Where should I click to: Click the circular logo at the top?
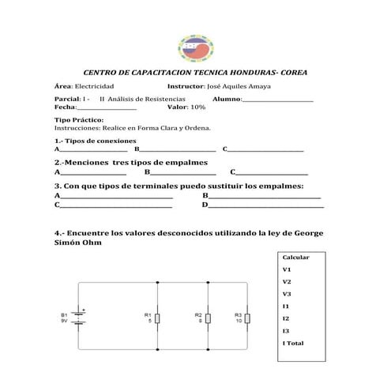pos(194,48)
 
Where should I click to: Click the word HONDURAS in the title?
pos(252,73)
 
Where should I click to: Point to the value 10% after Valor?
pos(197,107)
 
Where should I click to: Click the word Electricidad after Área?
pos(94,85)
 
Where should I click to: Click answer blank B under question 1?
pos(178,149)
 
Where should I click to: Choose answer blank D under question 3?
pos(265,205)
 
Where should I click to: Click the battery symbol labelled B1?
pos(79,318)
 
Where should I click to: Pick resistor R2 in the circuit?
pos(208,318)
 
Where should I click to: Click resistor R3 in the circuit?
pos(247,318)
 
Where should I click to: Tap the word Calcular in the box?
pos(295,258)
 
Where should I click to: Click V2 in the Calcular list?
pos(287,281)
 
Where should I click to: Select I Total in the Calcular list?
pos(293,343)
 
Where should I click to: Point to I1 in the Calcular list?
pos(286,306)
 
